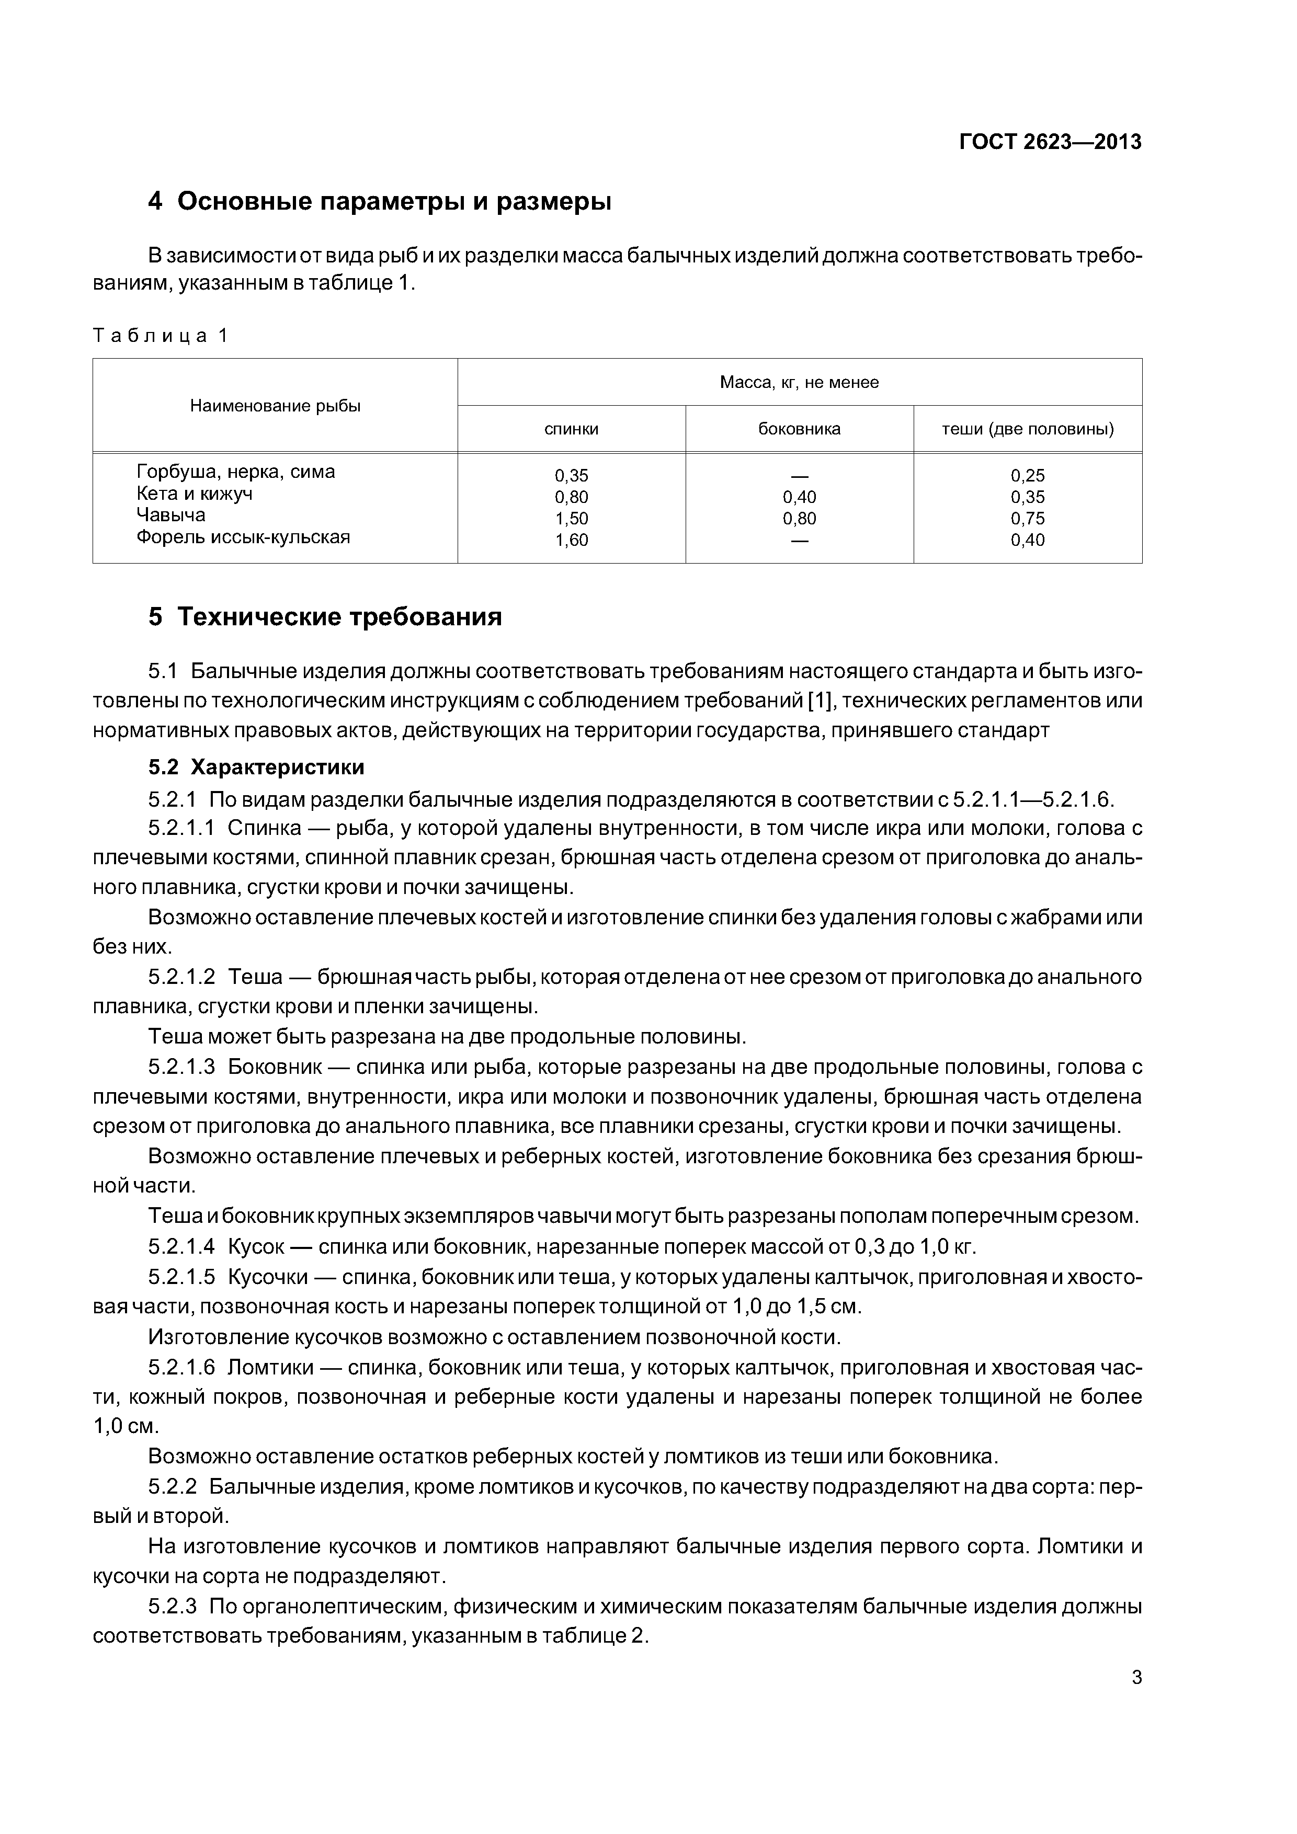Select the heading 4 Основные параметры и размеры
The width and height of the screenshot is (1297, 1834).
point(380,201)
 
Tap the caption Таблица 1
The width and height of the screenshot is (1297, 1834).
point(161,336)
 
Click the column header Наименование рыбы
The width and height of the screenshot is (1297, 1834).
point(275,406)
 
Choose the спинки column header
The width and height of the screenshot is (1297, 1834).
point(572,429)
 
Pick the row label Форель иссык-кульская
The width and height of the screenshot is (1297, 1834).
point(243,537)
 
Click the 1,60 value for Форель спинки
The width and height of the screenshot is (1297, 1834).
point(572,540)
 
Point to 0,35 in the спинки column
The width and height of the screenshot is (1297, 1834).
point(572,476)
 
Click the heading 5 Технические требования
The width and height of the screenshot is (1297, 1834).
point(325,617)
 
